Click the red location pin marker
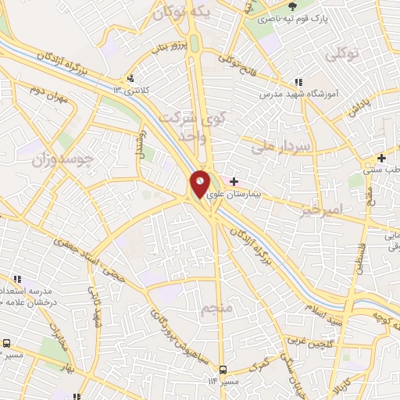point(200,184)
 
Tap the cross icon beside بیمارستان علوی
point(234,181)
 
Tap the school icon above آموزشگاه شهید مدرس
point(298,82)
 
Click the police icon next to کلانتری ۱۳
point(130,78)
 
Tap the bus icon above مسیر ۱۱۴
point(224,370)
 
